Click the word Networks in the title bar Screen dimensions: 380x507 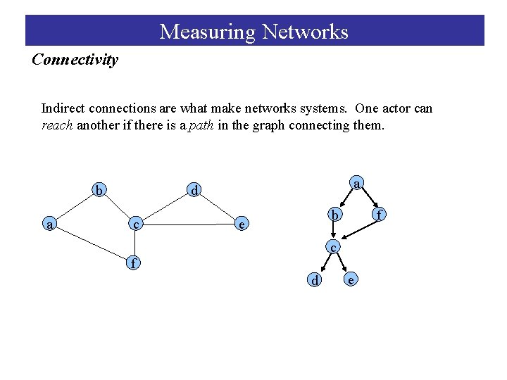pos(305,32)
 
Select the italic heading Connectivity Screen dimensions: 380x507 pos(75,60)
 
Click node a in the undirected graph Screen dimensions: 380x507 pos(49,224)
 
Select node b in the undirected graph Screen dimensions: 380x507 pos(100,191)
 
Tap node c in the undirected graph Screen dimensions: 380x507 pos(136,224)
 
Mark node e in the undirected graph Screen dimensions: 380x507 pos(242,225)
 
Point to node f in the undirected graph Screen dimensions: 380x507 pos(132,264)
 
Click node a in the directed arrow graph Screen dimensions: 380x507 pos(357,184)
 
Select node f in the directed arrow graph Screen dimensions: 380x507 pos(379,214)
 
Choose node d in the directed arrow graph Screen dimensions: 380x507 pos(316,281)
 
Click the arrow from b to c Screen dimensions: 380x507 pos(334,230)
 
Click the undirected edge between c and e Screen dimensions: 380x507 pos(189,225)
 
